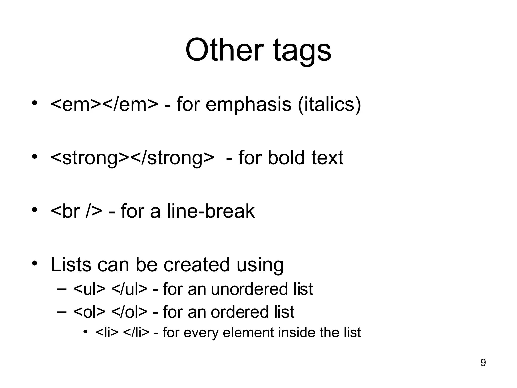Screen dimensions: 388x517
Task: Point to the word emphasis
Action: (248, 105)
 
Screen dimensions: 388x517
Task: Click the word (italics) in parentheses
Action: (329, 105)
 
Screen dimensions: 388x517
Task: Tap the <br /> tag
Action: (76, 211)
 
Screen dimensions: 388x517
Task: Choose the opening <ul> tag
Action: (89, 289)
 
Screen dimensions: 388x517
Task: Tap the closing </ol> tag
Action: (129, 312)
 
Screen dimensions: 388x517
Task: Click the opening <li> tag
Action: (107, 333)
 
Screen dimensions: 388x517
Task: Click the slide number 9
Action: (483, 363)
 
